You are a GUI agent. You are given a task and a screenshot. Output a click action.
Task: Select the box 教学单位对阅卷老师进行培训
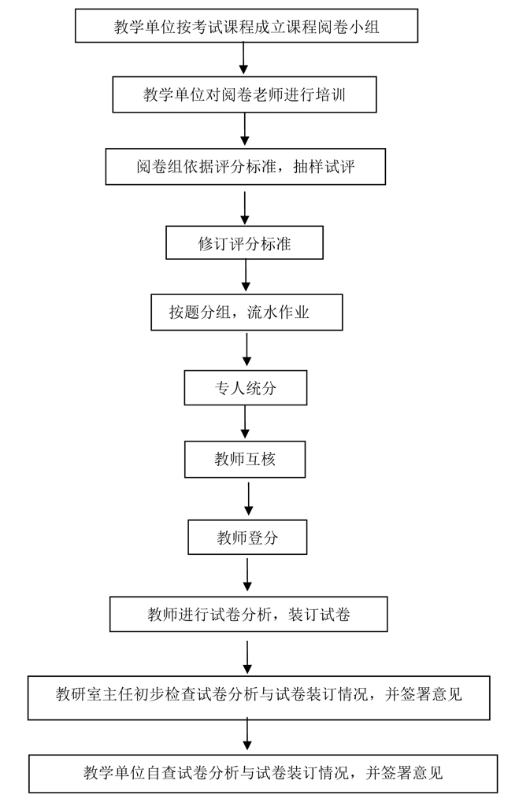246,95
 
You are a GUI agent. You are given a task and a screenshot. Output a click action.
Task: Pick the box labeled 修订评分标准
245,243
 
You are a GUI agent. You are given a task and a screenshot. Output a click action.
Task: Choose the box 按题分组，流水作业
246,312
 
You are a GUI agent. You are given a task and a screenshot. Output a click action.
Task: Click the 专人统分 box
245,387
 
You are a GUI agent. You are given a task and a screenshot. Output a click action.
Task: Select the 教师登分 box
247,538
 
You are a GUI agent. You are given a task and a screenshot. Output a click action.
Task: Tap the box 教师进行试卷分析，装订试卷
248,614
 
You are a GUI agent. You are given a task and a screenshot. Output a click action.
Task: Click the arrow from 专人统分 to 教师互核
246,423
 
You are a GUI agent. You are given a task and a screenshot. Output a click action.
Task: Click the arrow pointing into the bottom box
248,734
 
